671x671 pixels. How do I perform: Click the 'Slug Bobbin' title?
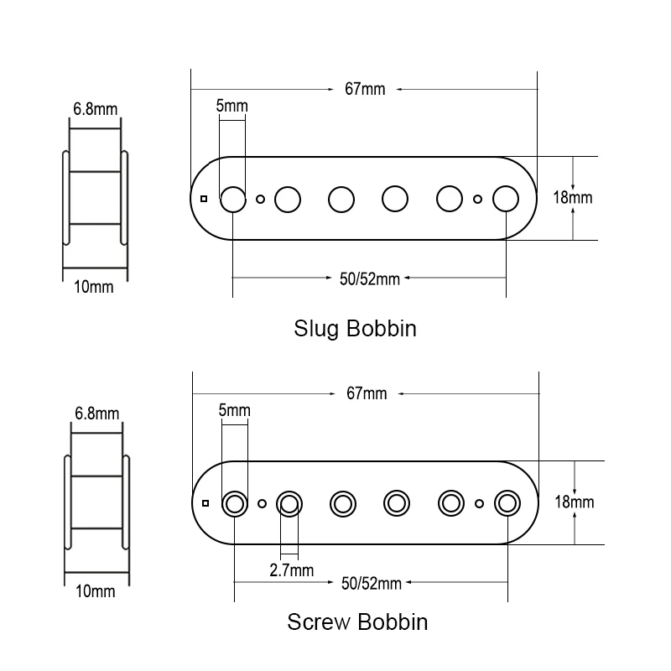tap(355, 328)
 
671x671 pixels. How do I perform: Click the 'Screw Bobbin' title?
tap(357, 622)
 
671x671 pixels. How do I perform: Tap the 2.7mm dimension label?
tap(292, 570)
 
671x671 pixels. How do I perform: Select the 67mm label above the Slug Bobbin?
tap(365, 89)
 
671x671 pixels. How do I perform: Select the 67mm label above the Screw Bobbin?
tap(367, 393)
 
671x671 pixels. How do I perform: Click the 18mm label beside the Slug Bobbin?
tap(573, 198)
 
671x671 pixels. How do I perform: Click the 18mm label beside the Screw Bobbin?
tap(575, 502)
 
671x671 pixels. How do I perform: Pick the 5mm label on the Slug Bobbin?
tap(231, 107)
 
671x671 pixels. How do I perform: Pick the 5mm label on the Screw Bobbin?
tap(233, 410)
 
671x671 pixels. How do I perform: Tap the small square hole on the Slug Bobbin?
tap(204, 199)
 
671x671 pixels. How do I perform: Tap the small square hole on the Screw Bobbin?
tap(205, 503)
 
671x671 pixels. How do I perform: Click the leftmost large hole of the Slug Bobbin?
tap(232, 199)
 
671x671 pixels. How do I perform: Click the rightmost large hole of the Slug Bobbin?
tap(505, 199)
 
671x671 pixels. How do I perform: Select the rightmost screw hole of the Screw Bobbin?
tap(507, 502)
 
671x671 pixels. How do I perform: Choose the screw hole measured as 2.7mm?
tap(289, 503)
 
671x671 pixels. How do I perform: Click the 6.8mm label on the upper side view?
tap(96, 109)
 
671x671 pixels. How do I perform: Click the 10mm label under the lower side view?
tap(95, 591)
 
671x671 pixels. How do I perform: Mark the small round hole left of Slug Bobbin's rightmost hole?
tap(477, 200)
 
